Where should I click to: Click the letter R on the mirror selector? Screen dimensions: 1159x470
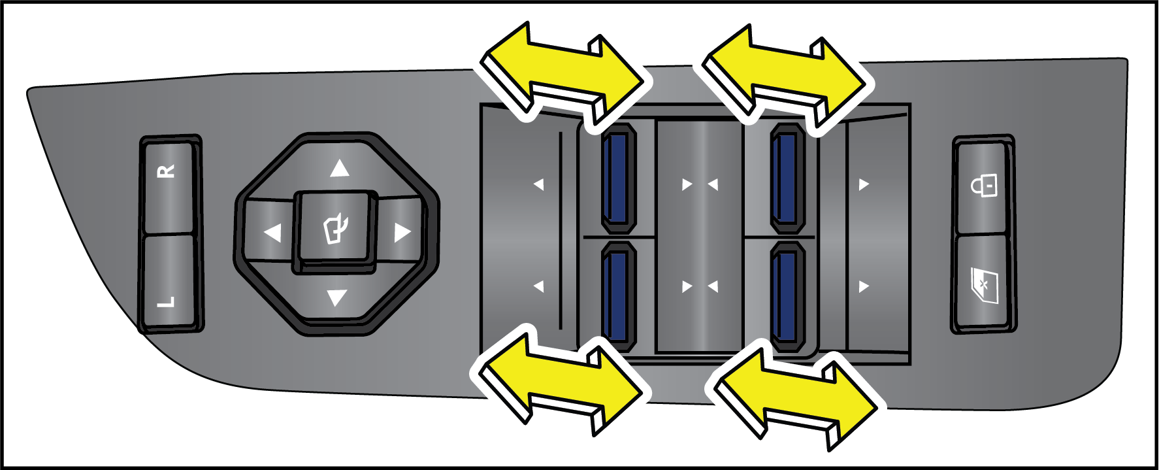(x=167, y=172)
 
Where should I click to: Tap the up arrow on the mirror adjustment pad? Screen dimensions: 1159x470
(x=339, y=169)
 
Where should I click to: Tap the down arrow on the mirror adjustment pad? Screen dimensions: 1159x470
(x=336, y=298)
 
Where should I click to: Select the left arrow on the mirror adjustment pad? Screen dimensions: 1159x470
(x=272, y=232)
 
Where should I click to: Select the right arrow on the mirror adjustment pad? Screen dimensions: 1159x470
(x=402, y=232)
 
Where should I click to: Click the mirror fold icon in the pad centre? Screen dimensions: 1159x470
(x=336, y=229)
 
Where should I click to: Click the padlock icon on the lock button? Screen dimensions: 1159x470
(x=985, y=185)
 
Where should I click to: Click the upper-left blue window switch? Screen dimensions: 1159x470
(x=618, y=178)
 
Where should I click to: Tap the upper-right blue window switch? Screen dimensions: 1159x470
(x=787, y=178)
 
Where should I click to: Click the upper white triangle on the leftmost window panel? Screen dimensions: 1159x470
(x=538, y=184)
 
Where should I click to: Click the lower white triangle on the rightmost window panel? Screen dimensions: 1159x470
(x=864, y=286)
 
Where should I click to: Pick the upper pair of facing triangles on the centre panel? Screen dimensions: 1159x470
(x=700, y=184)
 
